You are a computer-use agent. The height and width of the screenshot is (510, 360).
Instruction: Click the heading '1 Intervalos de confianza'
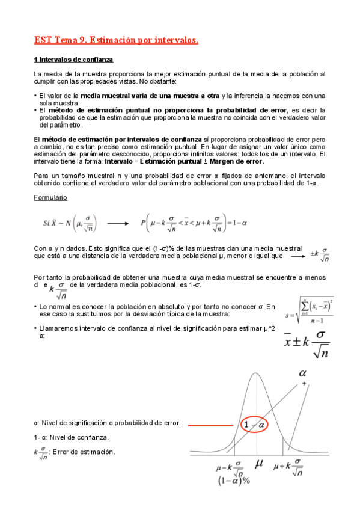tap(73, 60)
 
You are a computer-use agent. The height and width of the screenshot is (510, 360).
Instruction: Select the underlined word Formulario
tap(50, 197)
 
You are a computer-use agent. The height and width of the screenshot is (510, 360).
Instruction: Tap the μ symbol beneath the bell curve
tap(259, 464)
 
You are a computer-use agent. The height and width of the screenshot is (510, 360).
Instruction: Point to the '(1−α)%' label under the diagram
tap(233, 480)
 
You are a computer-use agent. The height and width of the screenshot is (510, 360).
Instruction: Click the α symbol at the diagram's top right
tap(303, 373)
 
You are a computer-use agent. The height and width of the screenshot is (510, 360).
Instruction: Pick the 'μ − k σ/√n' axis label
tap(230, 467)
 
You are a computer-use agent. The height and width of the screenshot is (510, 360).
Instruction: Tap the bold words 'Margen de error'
tap(236, 161)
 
